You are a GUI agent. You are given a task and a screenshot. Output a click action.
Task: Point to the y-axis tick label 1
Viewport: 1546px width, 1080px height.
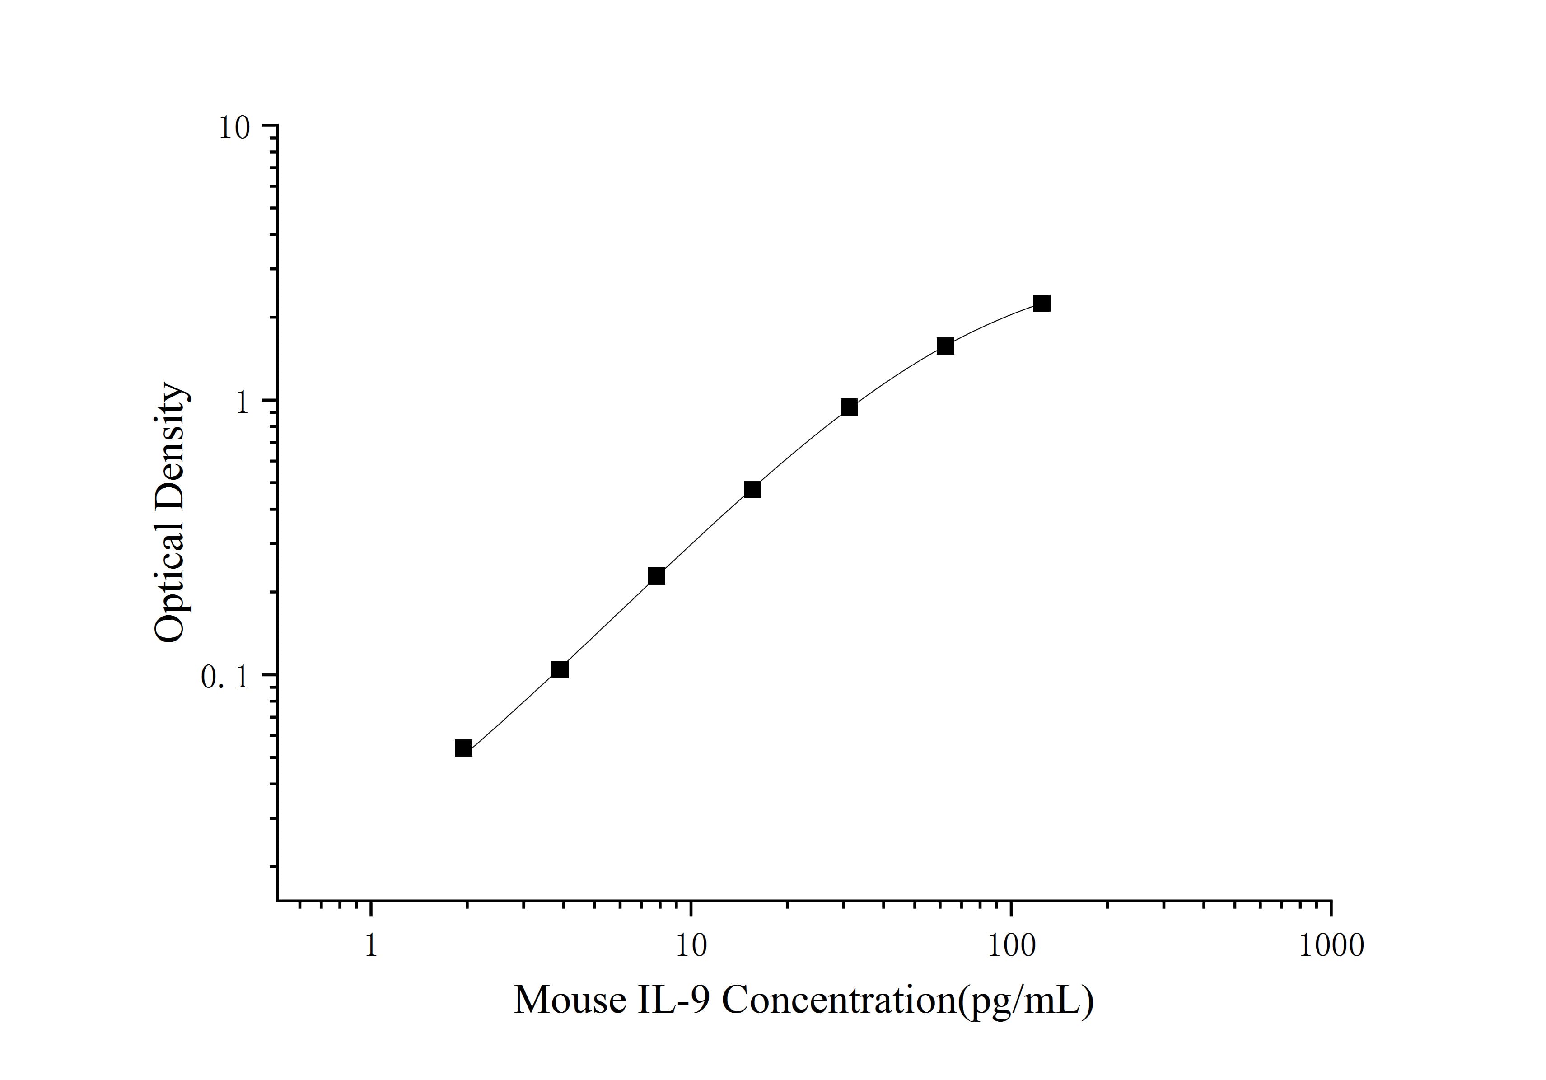tap(242, 402)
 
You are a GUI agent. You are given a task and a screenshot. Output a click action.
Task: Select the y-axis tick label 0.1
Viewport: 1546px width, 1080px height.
tap(225, 678)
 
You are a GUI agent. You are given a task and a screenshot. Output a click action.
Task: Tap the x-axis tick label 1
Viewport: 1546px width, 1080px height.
tap(370, 946)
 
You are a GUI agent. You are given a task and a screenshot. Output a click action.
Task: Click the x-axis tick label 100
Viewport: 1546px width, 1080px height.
tap(1011, 946)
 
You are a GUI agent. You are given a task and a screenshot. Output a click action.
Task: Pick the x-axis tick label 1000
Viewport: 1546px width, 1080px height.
tap(1331, 946)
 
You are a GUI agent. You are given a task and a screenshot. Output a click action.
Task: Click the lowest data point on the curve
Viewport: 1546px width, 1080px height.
tap(463, 748)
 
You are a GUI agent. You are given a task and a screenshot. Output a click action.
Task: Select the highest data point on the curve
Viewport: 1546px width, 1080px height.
tap(1042, 303)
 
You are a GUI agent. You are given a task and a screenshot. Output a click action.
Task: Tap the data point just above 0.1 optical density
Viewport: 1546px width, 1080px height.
tap(560, 669)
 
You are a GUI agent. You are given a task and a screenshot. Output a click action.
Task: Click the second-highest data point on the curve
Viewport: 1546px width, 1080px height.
tap(945, 346)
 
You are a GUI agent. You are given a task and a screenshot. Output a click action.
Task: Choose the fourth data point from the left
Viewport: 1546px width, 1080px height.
tap(753, 490)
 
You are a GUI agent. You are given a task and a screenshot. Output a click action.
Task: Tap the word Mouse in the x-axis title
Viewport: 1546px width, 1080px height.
tap(570, 1000)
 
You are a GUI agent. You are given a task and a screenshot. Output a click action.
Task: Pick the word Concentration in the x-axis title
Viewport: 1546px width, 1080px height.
tap(838, 1000)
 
